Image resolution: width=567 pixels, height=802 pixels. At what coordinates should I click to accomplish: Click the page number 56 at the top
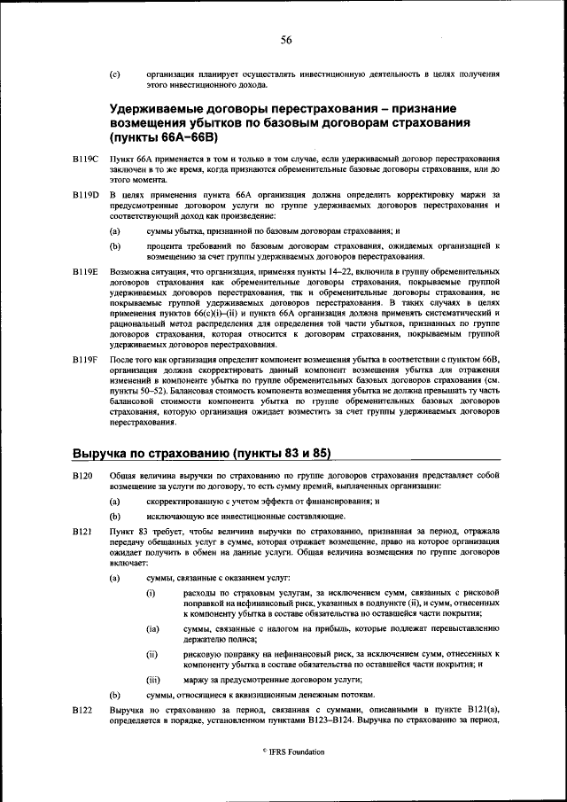pos(286,38)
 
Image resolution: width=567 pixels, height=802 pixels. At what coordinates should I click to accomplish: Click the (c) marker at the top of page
pos(114,75)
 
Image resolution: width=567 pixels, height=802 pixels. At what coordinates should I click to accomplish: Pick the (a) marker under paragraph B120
pos(114,502)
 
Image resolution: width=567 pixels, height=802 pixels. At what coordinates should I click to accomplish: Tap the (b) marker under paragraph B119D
pos(114,244)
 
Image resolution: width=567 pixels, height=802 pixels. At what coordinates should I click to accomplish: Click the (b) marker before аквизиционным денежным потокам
pos(114,696)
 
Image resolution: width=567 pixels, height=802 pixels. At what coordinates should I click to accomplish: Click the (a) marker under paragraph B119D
pos(114,230)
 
